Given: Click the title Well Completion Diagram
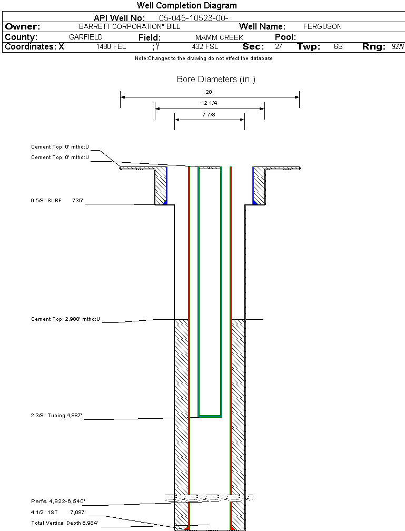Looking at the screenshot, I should coord(187,6).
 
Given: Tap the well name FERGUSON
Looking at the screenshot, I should coord(322,26).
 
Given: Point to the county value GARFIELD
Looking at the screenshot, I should coord(86,37).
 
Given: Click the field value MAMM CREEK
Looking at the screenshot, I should coord(219,37).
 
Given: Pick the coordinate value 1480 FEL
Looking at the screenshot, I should coord(111,46).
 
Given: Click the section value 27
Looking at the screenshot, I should coord(279,46).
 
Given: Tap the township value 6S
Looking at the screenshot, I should coord(338,46).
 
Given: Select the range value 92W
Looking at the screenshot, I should coord(398,46).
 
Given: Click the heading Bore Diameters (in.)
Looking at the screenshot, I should coord(216,80).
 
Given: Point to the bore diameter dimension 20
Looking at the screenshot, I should coord(209,92).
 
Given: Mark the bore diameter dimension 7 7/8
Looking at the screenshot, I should coord(209,114).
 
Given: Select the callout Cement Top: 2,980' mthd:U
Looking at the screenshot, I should coord(65,319).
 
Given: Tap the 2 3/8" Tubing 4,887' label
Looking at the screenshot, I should coord(57,416).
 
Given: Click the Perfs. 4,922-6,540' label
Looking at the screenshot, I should coord(58,501).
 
